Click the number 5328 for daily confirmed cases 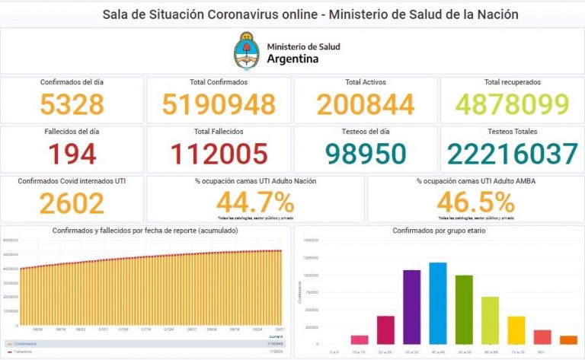pyautogui.click(x=72, y=104)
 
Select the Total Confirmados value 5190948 pyautogui.click(x=218, y=104)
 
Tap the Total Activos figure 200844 pyautogui.click(x=366, y=104)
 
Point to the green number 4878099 pyautogui.click(x=512, y=104)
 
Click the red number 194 pyautogui.click(x=72, y=154)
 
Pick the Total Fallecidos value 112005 pyautogui.click(x=218, y=154)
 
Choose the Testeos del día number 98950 pyautogui.click(x=366, y=154)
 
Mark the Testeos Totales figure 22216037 pyautogui.click(x=512, y=154)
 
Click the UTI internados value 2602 pyautogui.click(x=72, y=203)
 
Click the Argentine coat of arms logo pyautogui.click(x=246, y=51)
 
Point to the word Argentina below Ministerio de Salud pyautogui.click(x=293, y=59)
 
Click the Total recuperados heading pyautogui.click(x=512, y=81)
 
